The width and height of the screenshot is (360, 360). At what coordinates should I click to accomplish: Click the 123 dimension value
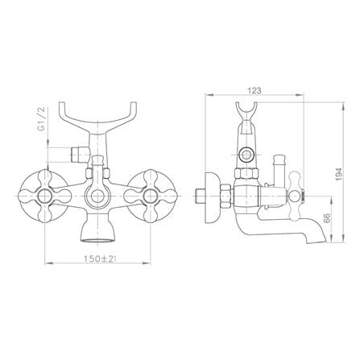point(254,91)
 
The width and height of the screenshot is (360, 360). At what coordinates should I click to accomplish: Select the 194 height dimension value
point(339,174)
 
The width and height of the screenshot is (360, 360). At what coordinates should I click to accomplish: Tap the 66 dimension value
point(327,218)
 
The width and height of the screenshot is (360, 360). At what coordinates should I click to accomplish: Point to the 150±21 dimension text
point(100,259)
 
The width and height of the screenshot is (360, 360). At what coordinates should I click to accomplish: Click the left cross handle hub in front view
point(44,197)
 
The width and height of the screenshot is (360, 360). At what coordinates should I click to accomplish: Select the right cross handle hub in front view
point(150,197)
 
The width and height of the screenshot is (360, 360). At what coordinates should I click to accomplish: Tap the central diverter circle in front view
point(97,197)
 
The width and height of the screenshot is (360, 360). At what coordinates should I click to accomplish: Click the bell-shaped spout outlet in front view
point(97,228)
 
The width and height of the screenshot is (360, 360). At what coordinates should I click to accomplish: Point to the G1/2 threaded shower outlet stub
point(79,155)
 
